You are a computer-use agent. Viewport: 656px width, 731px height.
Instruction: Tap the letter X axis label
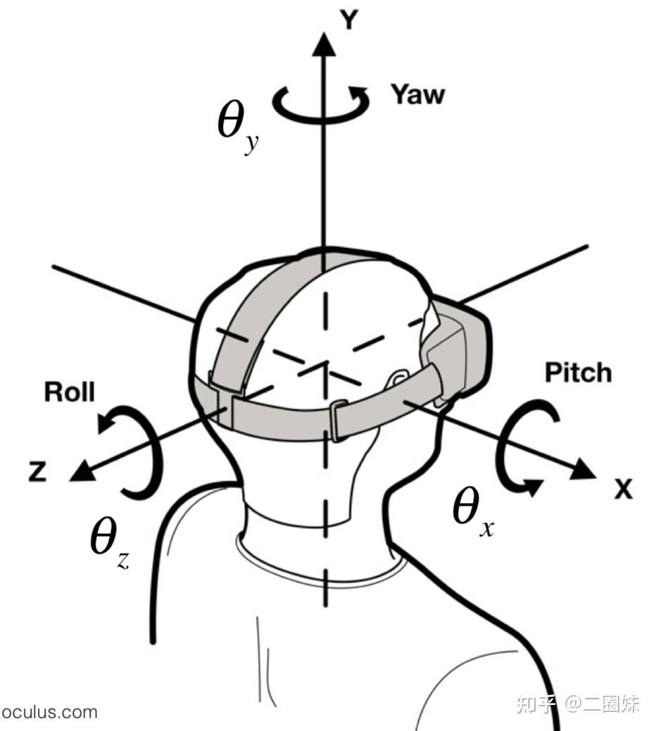(x=622, y=488)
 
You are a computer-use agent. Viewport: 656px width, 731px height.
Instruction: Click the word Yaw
(x=418, y=94)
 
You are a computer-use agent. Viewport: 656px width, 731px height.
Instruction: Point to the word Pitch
(x=579, y=373)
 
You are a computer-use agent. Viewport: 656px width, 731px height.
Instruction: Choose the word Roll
(x=69, y=392)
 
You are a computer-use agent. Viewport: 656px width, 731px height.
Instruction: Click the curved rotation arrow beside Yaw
(x=321, y=104)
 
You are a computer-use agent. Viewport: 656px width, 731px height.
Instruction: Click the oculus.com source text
(x=49, y=711)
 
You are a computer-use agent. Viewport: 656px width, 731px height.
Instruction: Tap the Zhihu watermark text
(x=577, y=704)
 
